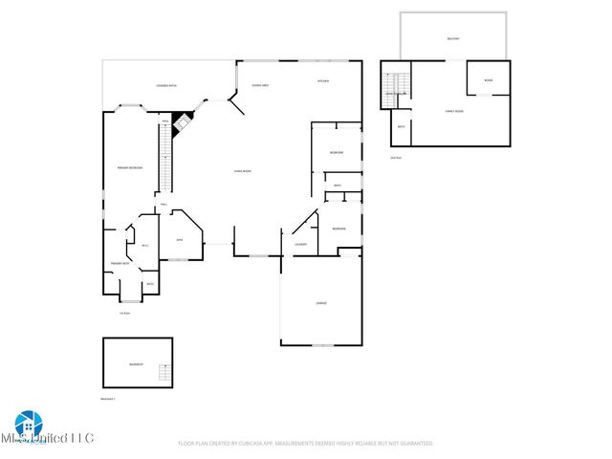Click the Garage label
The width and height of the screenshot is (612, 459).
[x=321, y=303]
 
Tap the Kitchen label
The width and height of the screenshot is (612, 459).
[x=323, y=81]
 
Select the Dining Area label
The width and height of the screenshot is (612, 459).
[x=259, y=85]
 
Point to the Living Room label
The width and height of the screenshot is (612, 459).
[x=242, y=171]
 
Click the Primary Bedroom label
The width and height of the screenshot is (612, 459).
[x=130, y=167]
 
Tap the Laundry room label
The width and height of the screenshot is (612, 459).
[x=300, y=245]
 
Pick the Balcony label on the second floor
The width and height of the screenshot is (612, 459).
[x=452, y=38]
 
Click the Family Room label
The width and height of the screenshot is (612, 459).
[x=454, y=112]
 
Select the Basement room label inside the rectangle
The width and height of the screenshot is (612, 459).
[x=136, y=364]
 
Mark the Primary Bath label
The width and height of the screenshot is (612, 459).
[x=120, y=263]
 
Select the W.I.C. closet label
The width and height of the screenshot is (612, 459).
[x=145, y=246]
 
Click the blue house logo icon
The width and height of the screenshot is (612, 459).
[x=25, y=424]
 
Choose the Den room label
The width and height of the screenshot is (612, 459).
[x=179, y=240]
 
